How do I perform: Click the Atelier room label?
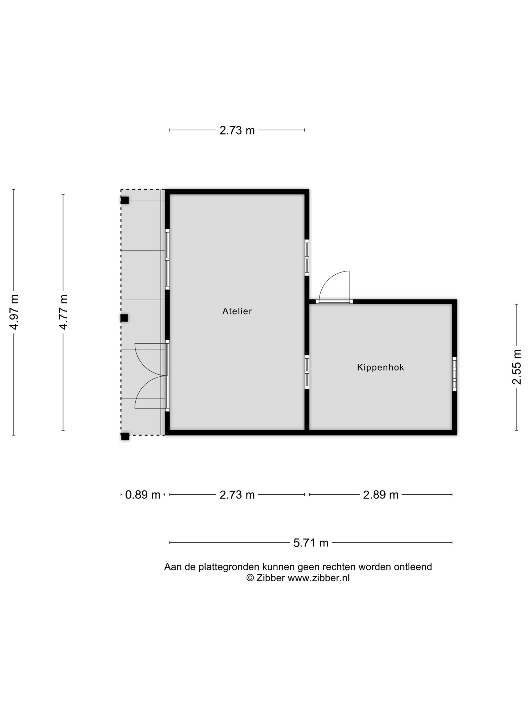tap(237, 311)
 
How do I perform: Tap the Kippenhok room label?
tap(380, 368)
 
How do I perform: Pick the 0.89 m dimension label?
tap(142, 495)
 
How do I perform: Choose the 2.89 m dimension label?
tap(381, 495)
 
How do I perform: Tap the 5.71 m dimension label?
tap(311, 543)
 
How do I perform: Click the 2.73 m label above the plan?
tap(237, 130)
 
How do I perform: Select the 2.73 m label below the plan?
tap(237, 495)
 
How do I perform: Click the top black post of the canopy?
tap(124, 201)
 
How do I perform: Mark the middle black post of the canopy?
tap(124, 318)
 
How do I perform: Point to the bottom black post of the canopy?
tap(125, 436)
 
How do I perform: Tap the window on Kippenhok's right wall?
tap(455, 374)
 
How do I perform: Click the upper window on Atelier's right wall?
tap(307, 258)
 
